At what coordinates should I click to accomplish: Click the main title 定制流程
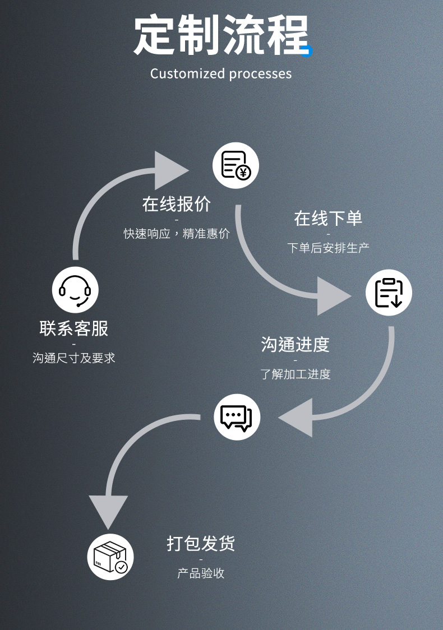(x=221, y=35)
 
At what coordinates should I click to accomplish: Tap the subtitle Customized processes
(x=221, y=74)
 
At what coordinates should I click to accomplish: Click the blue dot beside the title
(x=307, y=51)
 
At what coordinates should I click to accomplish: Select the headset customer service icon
(x=75, y=290)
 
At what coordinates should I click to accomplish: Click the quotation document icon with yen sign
(x=236, y=165)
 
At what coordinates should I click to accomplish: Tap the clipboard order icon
(x=389, y=293)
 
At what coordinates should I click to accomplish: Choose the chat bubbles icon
(x=237, y=417)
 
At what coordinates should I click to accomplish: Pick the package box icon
(x=110, y=557)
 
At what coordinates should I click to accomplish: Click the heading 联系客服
(x=74, y=328)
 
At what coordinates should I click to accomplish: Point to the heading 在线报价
(x=177, y=204)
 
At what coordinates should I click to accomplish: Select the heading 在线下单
(x=328, y=219)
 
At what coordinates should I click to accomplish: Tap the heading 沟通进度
(x=295, y=344)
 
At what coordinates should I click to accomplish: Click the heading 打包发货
(x=201, y=544)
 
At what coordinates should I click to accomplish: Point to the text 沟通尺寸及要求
(x=74, y=358)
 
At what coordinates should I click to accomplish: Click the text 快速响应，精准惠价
(x=177, y=233)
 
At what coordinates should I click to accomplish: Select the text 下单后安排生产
(x=328, y=248)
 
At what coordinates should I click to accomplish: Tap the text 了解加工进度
(x=295, y=374)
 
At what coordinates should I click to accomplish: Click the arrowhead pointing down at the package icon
(x=108, y=510)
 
